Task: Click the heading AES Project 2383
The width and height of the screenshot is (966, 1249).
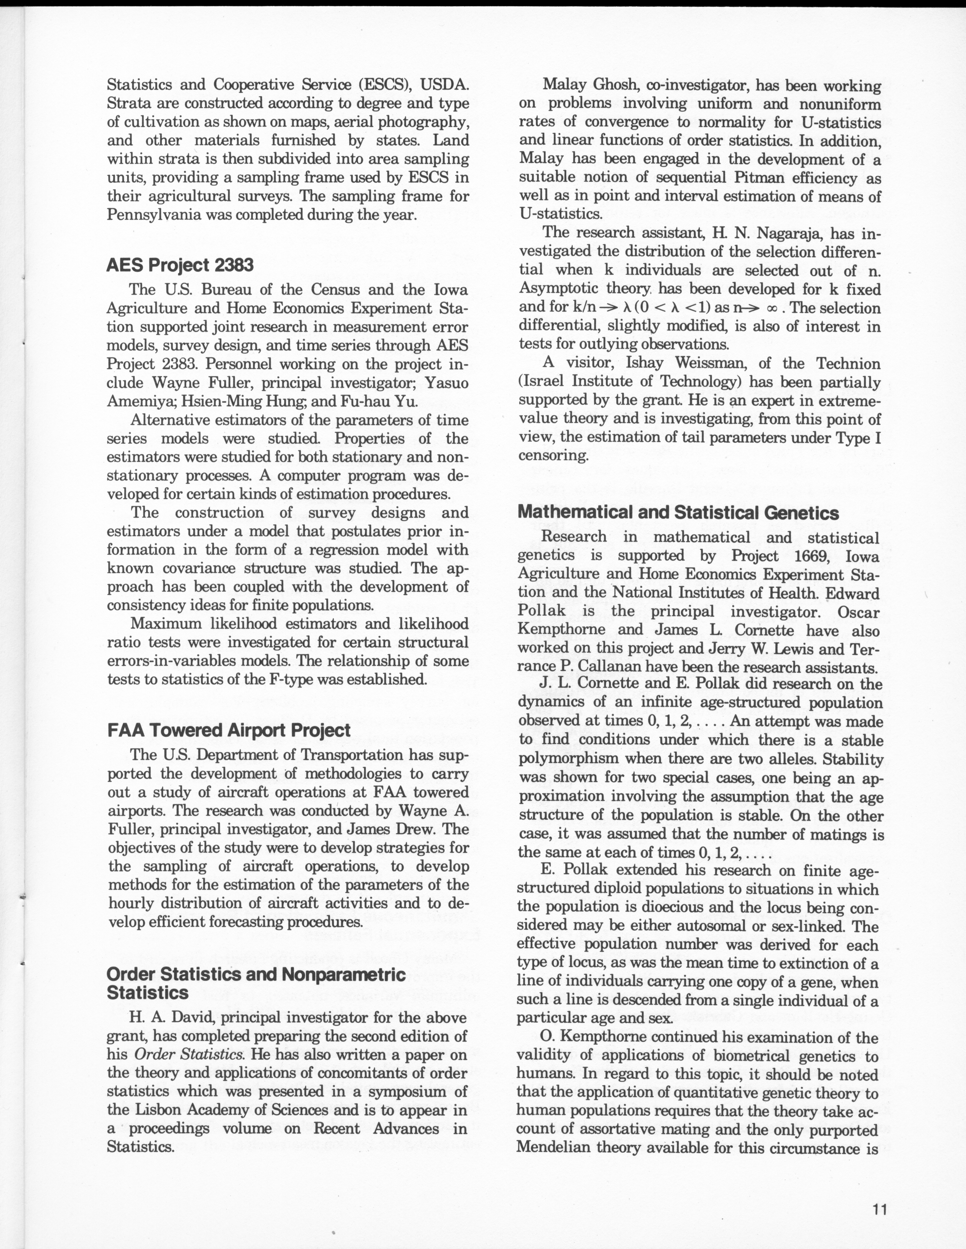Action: [180, 265]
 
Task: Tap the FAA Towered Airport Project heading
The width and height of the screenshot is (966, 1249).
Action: [229, 730]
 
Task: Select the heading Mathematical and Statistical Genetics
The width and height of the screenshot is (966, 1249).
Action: [678, 512]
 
